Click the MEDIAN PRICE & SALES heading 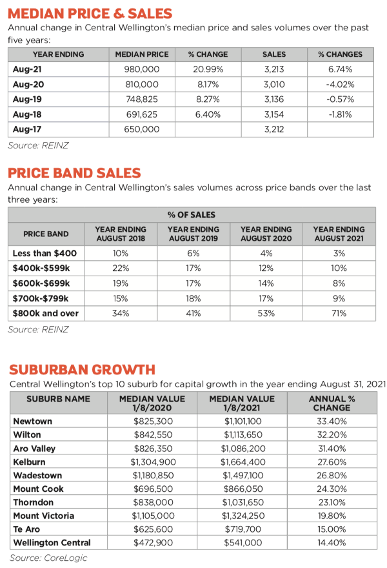point(90,13)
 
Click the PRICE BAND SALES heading point(74,173)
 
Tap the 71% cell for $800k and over point(339,313)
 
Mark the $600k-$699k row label point(41,283)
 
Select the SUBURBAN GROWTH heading point(82,369)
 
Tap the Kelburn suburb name point(30,462)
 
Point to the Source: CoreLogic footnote point(48,558)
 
